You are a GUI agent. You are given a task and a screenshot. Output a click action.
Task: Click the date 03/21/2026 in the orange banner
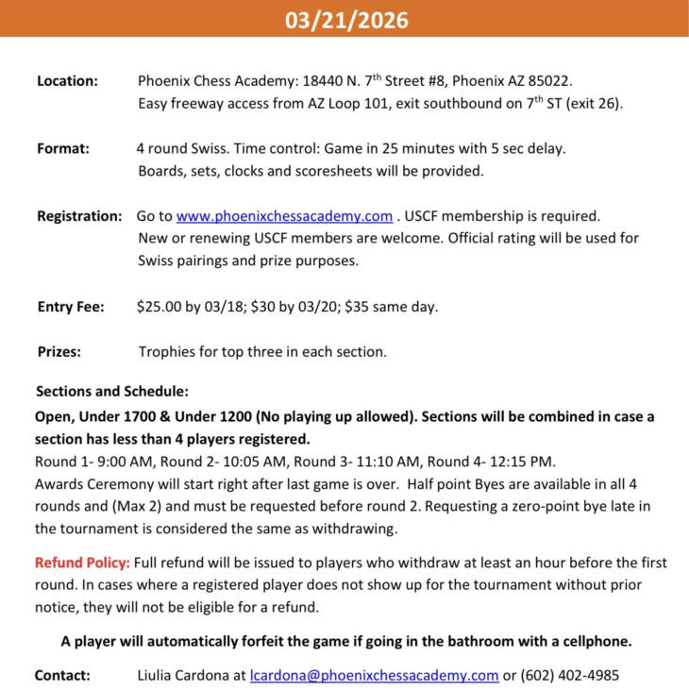346,20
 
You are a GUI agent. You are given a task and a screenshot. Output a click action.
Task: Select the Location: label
67,81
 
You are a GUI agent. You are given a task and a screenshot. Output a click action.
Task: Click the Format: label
63,149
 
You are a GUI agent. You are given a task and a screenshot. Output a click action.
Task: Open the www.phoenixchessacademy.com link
284,216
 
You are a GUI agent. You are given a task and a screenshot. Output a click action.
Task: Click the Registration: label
79,216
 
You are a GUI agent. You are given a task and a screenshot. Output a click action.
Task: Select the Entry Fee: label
71,307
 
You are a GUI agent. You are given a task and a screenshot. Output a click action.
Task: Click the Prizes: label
59,352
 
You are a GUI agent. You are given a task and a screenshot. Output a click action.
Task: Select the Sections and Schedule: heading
112,392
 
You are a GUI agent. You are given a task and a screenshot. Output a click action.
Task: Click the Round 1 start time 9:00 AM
118,462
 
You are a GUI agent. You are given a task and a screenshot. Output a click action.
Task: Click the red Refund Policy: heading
82,563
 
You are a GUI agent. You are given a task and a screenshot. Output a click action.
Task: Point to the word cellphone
591,642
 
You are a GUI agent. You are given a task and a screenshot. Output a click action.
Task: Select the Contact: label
62,676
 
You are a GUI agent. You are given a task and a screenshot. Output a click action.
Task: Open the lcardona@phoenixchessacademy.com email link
374,676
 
